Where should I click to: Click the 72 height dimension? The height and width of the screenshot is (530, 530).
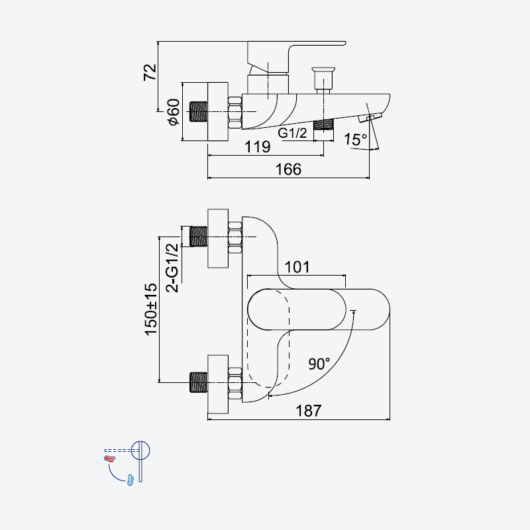150,72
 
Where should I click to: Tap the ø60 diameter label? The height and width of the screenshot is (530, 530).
174,112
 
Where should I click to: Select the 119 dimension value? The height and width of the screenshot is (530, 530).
258,146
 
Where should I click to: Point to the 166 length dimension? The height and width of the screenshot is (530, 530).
288,170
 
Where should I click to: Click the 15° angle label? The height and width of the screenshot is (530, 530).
355,139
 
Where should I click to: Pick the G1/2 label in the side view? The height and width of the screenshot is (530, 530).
292,133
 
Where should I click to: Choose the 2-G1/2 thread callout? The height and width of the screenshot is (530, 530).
172,268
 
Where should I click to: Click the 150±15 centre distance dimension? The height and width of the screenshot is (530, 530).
151,309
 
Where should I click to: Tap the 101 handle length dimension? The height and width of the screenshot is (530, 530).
297,267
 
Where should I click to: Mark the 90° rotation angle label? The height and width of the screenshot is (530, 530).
319,364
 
